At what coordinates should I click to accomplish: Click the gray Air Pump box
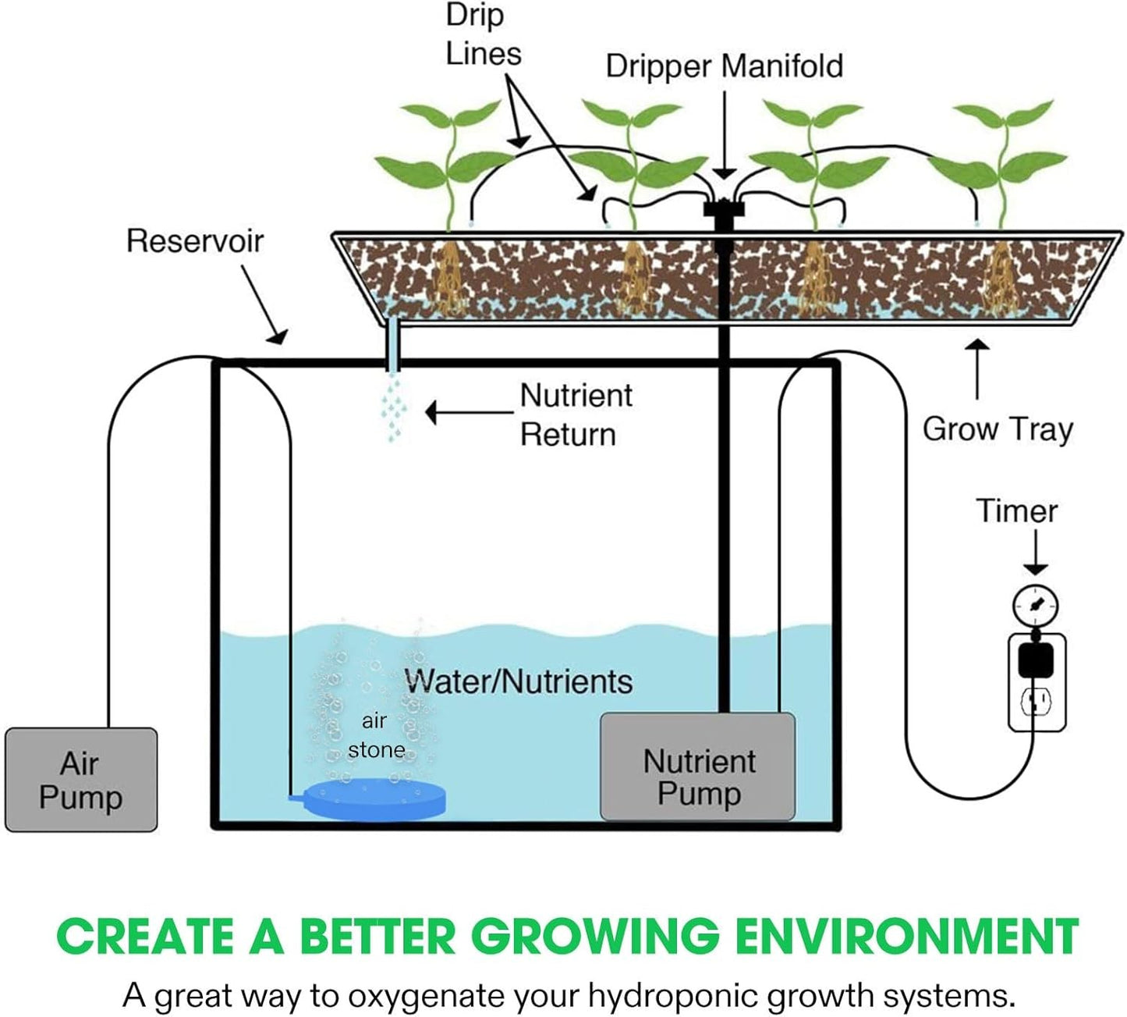tap(81, 780)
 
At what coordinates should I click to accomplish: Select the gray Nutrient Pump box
tap(697, 766)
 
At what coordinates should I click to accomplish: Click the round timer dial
tap(1035, 606)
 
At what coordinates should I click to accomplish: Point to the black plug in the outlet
tap(1036, 660)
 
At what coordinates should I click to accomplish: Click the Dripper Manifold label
tap(724, 66)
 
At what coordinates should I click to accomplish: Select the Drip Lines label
tap(483, 35)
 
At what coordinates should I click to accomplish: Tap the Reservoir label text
tap(195, 241)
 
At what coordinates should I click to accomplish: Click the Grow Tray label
tap(998, 429)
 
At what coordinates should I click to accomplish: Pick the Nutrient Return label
tap(576, 415)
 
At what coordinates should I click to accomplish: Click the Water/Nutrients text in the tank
tap(519, 681)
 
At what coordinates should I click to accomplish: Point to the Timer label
tap(1016, 511)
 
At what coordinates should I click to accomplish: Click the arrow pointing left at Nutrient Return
tap(468, 412)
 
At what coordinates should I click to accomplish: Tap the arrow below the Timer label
tap(1035, 553)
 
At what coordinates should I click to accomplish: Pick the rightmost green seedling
tap(999, 160)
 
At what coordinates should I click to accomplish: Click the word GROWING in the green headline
tap(594, 936)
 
